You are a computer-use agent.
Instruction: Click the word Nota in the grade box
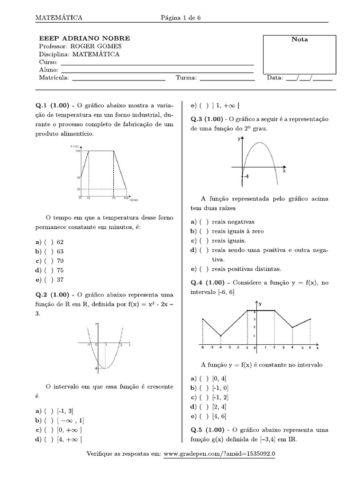click(x=299, y=40)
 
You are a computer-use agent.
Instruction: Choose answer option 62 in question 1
click(x=60, y=242)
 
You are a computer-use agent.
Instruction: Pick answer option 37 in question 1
click(x=60, y=279)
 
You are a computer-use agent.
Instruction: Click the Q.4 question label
click(x=198, y=283)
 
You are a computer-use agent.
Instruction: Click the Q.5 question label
click(x=198, y=430)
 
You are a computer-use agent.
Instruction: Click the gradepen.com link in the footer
click(x=220, y=454)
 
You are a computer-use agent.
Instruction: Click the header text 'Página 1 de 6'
click(x=182, y=18)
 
